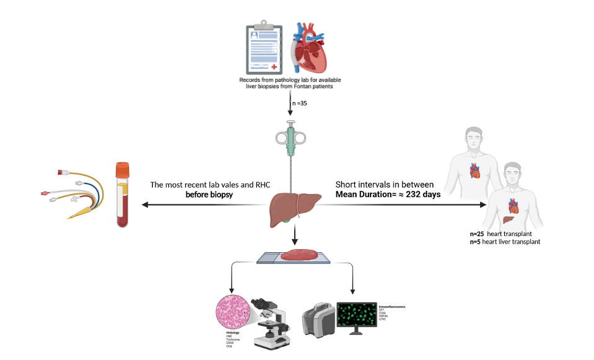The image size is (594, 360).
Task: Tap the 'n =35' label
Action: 299,102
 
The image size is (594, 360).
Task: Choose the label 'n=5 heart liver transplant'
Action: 505,242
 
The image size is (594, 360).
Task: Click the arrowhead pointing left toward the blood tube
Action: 144,204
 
